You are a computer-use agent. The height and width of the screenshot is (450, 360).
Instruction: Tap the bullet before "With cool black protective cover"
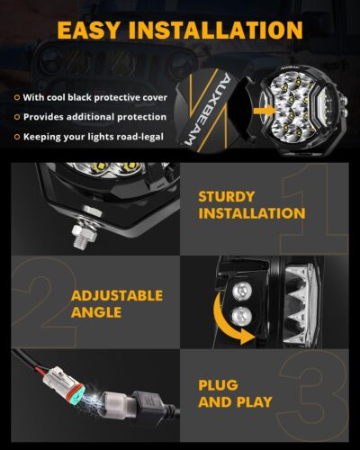click(16, 97)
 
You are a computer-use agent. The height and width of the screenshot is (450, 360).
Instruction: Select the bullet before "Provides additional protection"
click(16, 117)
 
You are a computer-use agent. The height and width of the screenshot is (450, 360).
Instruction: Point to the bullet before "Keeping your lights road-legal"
click(16, 136)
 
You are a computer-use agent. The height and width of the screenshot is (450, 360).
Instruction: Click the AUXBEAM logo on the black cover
click(194, 112)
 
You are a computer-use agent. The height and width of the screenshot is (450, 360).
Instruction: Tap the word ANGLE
click(95, 314)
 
